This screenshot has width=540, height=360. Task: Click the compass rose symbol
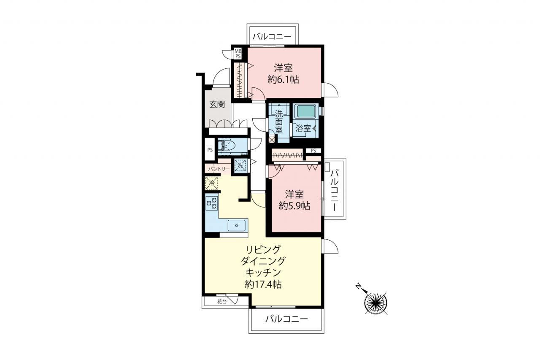pyautogui.click(x=376, y=303)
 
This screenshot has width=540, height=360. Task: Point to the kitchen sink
pyautogui.click(x=237, y=225)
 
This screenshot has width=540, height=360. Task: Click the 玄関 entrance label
pyautogui.click(x=217, y=104)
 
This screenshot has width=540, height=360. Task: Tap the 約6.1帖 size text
pyautogui.click(x=283, y=79)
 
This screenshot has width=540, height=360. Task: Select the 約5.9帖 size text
pyautogui.click(x=294, y=206)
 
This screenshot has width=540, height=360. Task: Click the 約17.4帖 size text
pyautogui.click(x=263, y=284)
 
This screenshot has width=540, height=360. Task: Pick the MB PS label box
pyautogui.click(x=238, y=54)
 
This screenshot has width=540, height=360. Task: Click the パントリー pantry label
pyautogui.click(x=219, y=169)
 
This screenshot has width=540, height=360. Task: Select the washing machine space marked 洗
pyautogui.click(x=240, y=166)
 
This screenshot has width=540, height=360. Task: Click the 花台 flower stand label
pyautogui.click(x=222, y=301)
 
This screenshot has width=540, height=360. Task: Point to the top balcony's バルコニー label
pyautogui.click(x=272, y=37)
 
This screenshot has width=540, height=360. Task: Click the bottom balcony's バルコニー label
pyautogui.click(x=286, y=319)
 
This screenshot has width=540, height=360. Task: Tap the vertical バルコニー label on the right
pyautogui.click(x=335, y=190)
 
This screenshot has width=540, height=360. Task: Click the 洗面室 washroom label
pyautogui.click(x=279, y=122)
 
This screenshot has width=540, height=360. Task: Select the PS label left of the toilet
pyautogui.click(x=210, y=150)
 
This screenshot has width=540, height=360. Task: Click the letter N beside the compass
pyautogui.click(x=358, y=286)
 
